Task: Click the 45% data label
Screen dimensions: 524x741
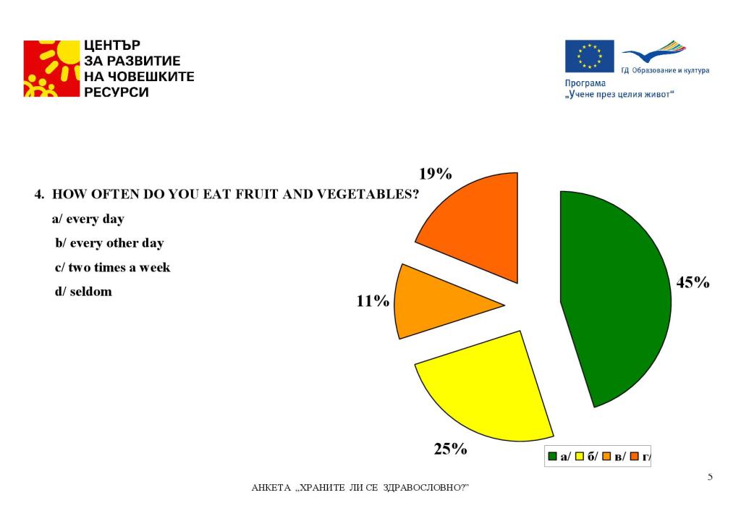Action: click(x=693, y=282)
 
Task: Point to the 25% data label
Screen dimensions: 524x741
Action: click(x=450, y=449)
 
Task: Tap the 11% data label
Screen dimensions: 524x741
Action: click(x=373, y=300)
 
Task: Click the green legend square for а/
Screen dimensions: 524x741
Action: click(x=553, y=456)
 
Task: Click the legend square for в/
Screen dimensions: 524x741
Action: click(x=607, y=456)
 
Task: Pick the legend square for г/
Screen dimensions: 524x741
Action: click(x=635, y=456)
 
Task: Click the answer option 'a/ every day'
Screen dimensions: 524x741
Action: click(x=88, y=219)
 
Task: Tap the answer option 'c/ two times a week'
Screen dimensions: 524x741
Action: click(x=112, y=267)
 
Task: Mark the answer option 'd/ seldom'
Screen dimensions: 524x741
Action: click(x=83, y=292)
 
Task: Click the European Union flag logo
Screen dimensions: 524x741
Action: click(x=589, y=56)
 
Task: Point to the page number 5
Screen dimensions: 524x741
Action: click(x=710, y=476)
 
